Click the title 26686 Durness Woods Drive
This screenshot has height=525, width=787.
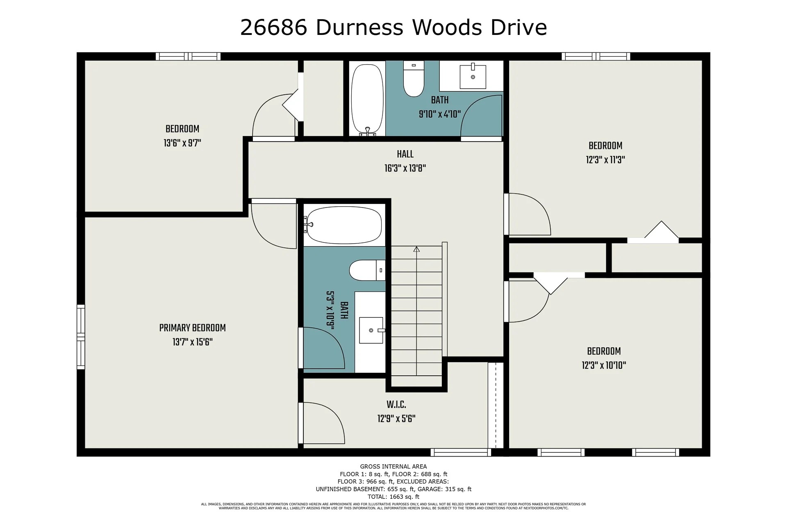pos(393,28)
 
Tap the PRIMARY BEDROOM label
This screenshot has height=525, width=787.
pos(192,328)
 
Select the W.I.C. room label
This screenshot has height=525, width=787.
pos(396,405)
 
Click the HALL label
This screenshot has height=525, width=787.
pos(405,154)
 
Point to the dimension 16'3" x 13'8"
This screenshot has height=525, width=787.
pos(405,169)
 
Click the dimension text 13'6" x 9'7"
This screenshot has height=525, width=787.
pos(182,143)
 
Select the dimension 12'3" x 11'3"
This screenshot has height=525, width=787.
pos(605,160)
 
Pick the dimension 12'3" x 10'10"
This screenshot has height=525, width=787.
pos(604,365)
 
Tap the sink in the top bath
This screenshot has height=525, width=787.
pos(473,77)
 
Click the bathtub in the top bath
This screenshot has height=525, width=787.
pos(367,99)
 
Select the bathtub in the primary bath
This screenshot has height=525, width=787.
pos(344,225)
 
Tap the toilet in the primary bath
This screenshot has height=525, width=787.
pos(366,270)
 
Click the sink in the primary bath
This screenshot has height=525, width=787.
pos(371,330)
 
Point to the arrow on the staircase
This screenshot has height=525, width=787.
pos(416,249)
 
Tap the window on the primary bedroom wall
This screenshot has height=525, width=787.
pos(81,337)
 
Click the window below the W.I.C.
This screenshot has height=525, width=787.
pos(460,452)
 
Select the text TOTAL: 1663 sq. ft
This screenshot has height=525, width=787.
pos(393,497)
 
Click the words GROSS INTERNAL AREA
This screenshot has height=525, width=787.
pos(393,466)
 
